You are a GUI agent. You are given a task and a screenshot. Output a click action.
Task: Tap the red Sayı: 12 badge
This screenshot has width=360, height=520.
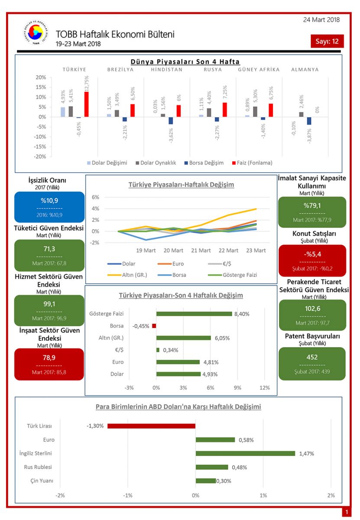(x=327, y=41)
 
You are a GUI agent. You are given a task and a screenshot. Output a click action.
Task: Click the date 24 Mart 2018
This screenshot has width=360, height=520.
(x=321, y=19)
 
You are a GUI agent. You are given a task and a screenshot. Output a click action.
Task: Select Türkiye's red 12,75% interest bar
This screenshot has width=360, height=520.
(x=87, y=104)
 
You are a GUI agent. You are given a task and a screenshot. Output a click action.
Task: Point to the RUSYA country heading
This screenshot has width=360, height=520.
(x=213, y=69)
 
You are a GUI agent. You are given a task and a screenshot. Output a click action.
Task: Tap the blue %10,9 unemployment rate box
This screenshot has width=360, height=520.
(x=49, y=207)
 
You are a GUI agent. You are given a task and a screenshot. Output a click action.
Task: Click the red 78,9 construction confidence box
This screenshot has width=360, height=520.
(x=49, y=364)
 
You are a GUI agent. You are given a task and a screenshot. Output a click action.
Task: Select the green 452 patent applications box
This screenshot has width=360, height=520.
(x=312, y=364)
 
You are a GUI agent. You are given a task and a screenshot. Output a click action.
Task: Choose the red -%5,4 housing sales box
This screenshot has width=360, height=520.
(x=312, y=260)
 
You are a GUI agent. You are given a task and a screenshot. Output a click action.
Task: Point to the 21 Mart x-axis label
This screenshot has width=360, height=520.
(x=201, y=250)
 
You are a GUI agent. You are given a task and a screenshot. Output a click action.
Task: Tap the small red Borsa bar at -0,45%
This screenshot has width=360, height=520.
(x=154, y=326)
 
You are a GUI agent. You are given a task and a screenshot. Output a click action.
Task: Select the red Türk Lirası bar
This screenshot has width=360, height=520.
(x=151, y=426)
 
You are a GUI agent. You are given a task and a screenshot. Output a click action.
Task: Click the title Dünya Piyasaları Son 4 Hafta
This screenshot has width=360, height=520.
(x=185, y=62)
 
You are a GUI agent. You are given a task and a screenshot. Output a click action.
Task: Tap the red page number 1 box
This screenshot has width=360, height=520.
(x=347, y=512)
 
